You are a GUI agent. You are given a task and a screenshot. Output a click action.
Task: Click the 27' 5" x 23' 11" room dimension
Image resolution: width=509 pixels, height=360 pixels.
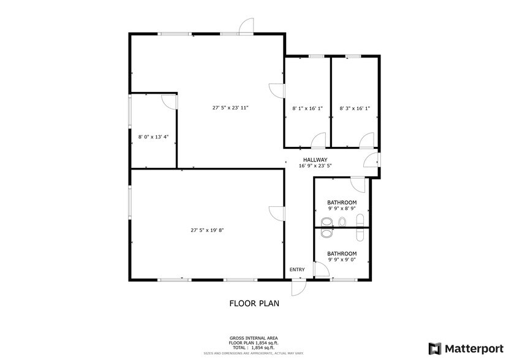pyautogui.click(x=230, y=108)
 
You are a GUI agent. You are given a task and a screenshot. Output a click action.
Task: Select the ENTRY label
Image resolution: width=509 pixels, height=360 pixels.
pyautogui.click(x=297, y=269)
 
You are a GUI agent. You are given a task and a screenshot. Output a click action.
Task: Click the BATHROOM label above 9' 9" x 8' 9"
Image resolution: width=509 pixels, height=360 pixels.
pyautogui.click(x=342, y=202)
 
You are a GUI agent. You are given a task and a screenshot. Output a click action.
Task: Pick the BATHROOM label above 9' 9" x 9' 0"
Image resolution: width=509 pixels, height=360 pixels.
pyautogui.click(x=342, y=253)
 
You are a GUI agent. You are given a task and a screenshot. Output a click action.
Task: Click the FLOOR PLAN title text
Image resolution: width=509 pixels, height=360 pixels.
pyautogui.click(x=255, y=302)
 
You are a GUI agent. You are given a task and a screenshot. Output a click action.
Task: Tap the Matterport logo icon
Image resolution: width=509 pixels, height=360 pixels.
pyautogui.click(x=434, y=348)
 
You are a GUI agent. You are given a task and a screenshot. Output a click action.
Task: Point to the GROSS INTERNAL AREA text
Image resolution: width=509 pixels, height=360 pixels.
pyautogui.click(x=254, y=337)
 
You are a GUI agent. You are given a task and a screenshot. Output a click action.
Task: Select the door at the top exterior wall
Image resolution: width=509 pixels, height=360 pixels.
pyautogui.click(x=246, y=26)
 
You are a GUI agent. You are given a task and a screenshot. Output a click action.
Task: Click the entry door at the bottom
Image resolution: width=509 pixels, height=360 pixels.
pyautogui.click(x=298, y=287)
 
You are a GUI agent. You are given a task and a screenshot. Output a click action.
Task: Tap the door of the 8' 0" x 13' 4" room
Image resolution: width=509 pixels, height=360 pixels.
pyautogui.click(x=170, y=101)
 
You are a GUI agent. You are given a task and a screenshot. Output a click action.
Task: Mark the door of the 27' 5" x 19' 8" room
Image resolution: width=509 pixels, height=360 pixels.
pyautogui.click(x=276, y=214)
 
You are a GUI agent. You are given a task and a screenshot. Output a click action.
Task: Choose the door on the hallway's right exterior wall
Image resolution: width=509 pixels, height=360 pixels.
pyautogui.click(x=371, y=160)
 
